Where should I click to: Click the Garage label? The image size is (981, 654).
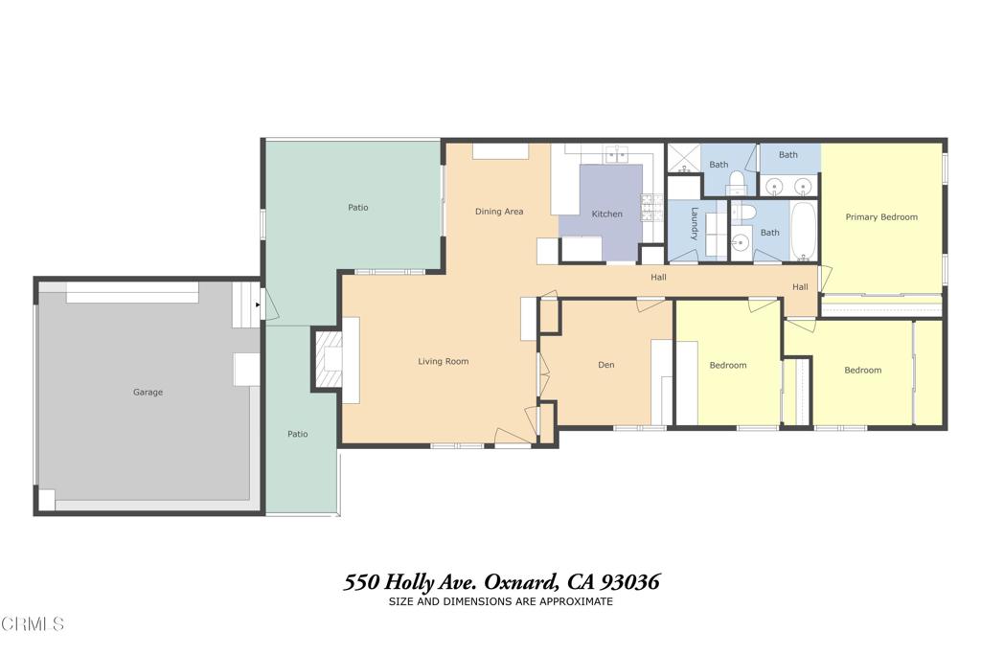point(148,392)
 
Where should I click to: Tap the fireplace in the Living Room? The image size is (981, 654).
point(330,360)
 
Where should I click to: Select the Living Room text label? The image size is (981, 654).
point(443,361)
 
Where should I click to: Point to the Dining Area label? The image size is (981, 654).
point(499,212)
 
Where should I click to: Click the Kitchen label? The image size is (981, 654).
point(606,214)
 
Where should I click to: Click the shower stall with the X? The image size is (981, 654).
point(683,157)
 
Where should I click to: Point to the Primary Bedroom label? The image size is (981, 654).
point(881,217)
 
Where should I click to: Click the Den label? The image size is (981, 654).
point(605,365)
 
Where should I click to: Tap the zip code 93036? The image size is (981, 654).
point(628,582)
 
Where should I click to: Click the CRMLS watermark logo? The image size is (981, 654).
point(33,624)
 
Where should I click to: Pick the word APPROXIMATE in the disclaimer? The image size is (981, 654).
point(577,602)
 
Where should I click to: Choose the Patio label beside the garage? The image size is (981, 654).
point(298,434)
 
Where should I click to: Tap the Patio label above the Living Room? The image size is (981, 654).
point(357,207)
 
